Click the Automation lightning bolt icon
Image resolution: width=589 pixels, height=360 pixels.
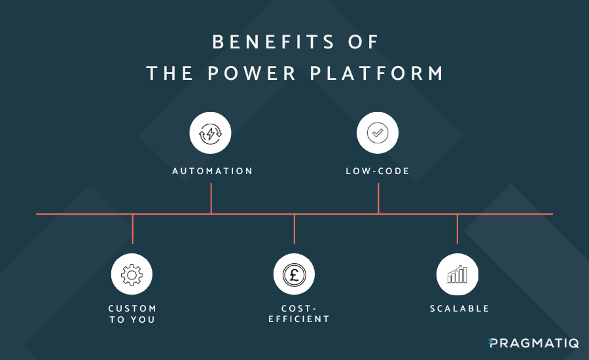(x=211, y=134)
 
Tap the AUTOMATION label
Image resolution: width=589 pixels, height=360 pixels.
(x=212, y=171)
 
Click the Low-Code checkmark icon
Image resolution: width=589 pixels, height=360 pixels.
(x=378, y=134)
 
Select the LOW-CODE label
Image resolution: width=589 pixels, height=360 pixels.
(x=378, y=171)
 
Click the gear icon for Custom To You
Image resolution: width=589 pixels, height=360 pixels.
(x=132, y=274)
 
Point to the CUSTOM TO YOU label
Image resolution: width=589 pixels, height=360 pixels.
(x=132, y=314)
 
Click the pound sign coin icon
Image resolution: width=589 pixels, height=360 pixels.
(x=294, y=274)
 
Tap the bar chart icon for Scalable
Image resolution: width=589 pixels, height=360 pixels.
(x=457, y=274)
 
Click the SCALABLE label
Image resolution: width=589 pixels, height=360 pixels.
(x=459, y=308)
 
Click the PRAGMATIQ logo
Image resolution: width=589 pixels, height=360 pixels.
(x=533, y=343)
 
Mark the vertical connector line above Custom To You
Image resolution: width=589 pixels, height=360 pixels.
(x=133, y=229)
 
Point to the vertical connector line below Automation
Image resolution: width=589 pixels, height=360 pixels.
(x=211, y=198)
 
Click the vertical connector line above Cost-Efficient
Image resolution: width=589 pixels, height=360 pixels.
(x=294, y=229)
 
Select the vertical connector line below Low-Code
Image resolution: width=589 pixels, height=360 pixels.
(x=378, y=198)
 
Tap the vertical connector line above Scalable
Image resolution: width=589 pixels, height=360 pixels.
(x=457, y=229)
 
